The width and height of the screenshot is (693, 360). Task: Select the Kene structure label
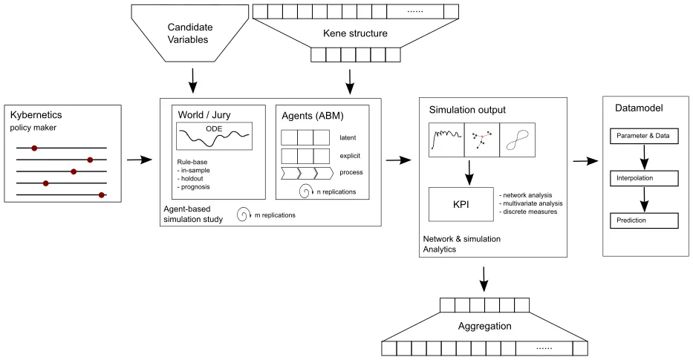[x=355, y=33]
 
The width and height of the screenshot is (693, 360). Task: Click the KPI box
[x=461, y=204]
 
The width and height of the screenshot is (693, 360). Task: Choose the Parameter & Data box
[x=643, y=136]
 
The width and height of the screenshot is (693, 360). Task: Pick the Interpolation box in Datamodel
[x=643, y=178]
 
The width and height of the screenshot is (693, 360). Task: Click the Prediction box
[x=643, y=220]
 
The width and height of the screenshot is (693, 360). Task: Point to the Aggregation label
[x=484, y=326]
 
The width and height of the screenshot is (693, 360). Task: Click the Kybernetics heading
[x=36, y=116]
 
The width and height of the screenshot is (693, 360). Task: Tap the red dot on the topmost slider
[x=33, y=148]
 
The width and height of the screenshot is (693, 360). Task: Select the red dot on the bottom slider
[x=102, y=194]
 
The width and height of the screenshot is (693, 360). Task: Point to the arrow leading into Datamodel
[x=586, y=160]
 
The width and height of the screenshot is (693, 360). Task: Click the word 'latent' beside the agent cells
[x=347, y=137]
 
